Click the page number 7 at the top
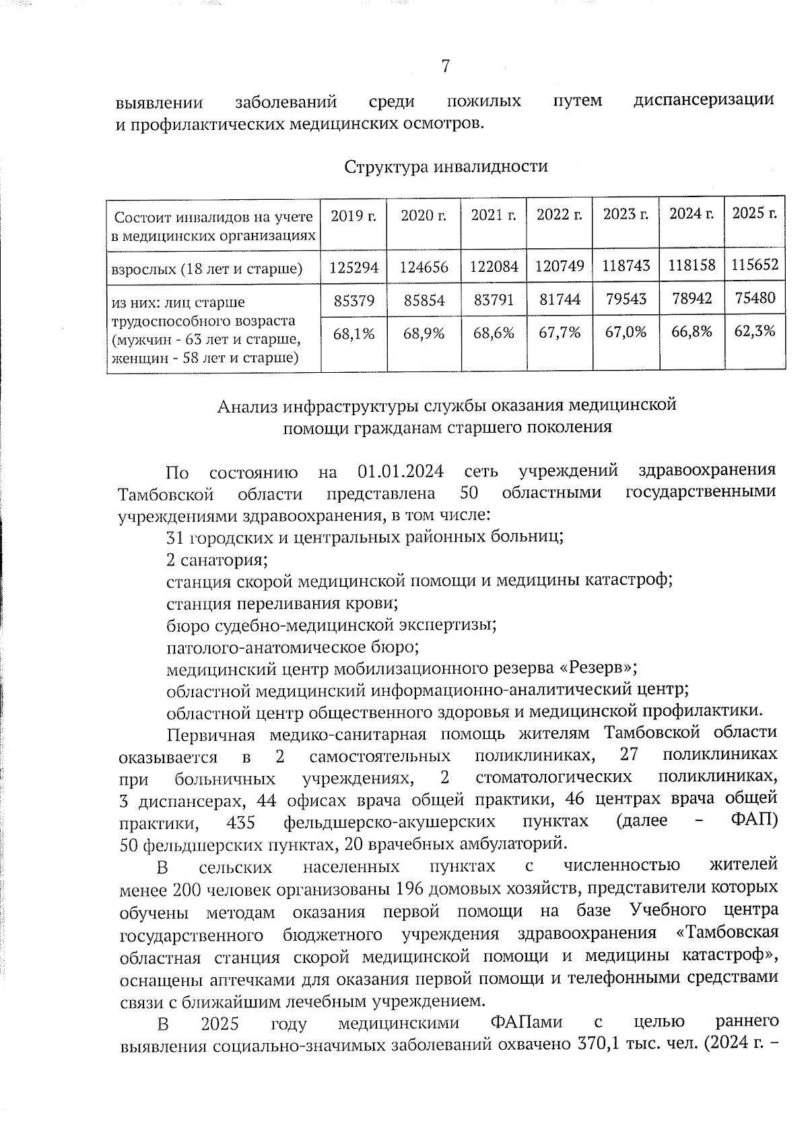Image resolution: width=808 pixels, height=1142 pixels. [445, 66]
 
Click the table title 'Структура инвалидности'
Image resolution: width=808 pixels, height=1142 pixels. [446, 166]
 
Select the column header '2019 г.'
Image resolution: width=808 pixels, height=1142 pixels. [353, 215]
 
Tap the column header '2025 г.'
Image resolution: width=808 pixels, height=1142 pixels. [754, 213]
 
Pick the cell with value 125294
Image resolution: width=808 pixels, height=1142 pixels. [354, 267]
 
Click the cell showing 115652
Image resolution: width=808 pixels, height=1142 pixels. [755, 264]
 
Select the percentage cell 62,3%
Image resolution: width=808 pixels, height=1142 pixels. [755, 330]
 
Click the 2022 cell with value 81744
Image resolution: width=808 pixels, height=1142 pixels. [560, 299]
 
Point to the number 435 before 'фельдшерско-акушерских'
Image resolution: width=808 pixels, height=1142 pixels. [240, 822]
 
